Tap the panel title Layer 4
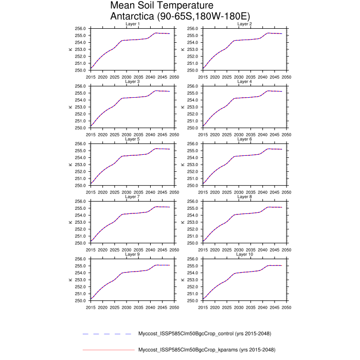pos(244,82)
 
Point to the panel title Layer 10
pos(244,255)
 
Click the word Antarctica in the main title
pos(135,16)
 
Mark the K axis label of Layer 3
pos(70,107)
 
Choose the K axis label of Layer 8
pos(182,222)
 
